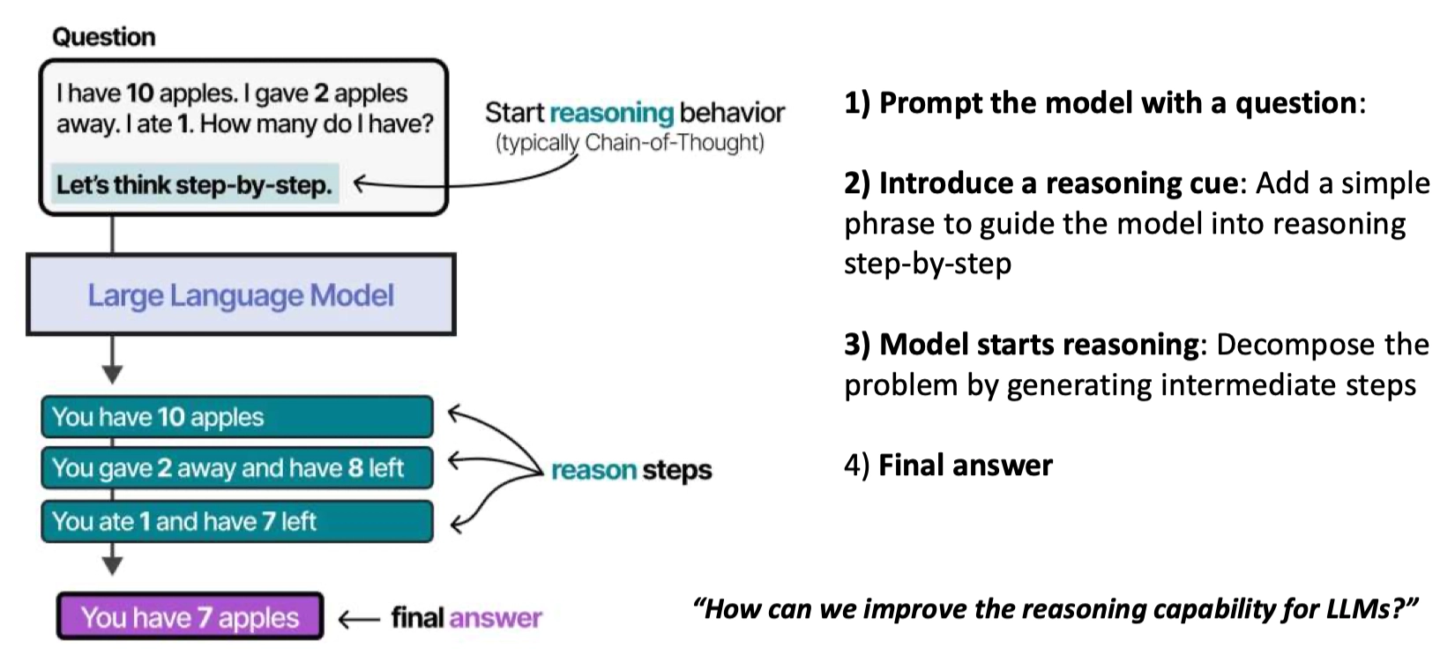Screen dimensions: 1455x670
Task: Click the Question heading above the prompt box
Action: point(104,37)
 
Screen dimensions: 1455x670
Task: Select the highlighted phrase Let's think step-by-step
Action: point(195,184)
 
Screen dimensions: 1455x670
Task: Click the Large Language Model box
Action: point(241,294)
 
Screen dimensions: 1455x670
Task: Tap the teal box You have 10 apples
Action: point(237,417)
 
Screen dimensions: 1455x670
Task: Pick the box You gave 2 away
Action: point(237,468)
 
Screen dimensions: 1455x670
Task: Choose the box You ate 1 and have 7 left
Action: point(237,521)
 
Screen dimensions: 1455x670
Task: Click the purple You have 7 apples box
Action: point(190,617)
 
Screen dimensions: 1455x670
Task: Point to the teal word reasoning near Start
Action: point(612,113)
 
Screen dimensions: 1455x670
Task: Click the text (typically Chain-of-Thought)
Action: point(630,143)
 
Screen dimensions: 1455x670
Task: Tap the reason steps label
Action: point(631,470)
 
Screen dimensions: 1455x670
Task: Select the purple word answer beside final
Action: point(495,618)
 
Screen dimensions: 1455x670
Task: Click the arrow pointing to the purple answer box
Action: point(359,620)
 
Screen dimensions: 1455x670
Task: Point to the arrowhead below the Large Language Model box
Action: point(112,375)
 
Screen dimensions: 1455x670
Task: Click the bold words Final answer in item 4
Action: point(966,465)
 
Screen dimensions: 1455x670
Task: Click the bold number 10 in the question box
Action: point(140,93)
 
